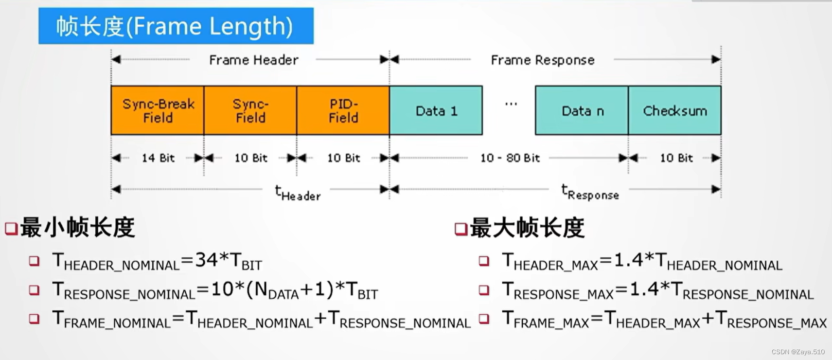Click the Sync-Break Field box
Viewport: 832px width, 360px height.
click(158, 110)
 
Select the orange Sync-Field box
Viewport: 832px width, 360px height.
click(250, 110)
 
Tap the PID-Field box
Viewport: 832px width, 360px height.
click(343, 110)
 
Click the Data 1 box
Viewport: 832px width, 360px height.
click(436, 110)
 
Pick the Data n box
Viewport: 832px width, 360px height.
click(582, 110)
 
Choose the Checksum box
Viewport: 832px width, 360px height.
click(675, 110)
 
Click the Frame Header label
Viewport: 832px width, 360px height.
click(253, 60)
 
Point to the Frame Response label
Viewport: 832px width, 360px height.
click(543, 60)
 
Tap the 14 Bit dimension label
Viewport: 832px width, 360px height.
click(158, 158)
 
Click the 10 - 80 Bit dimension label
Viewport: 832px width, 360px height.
click(510, 158)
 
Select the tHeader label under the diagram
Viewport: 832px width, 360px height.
click(298, 193)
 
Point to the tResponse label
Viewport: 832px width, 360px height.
click(590, 193)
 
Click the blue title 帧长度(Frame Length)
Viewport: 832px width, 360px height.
click(176, 26)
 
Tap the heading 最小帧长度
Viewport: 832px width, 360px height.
click(77, 228)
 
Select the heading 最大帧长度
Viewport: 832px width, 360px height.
click(527, 228)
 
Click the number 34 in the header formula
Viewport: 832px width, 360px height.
click(206, 260)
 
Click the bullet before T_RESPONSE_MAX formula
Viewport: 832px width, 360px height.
click(484, 290)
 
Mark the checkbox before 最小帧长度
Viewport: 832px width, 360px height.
click(11, 229)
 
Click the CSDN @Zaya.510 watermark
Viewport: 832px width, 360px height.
click(798, 352)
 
